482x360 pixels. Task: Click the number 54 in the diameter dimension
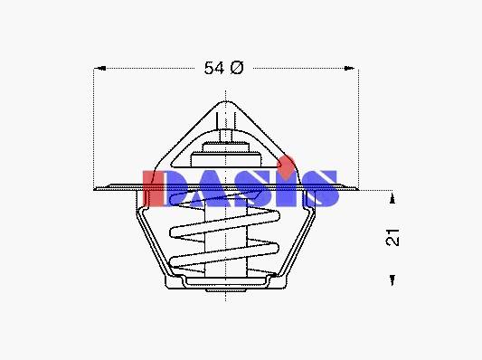coord(214,68)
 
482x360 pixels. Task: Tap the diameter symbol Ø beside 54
coord(236,68)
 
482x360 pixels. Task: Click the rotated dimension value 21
coord(392,237)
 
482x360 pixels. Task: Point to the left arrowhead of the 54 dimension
coord(100,68)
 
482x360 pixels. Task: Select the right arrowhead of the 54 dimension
coord(349,68)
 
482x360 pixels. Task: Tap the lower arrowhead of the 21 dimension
coord(392,280)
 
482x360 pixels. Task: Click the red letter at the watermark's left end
coord(152,188)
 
